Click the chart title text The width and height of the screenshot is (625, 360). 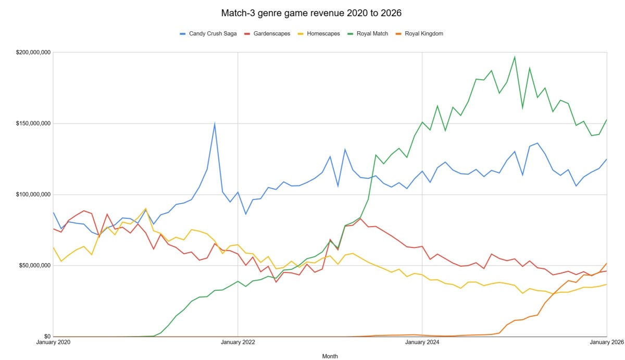312,11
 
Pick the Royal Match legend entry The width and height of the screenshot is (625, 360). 372,33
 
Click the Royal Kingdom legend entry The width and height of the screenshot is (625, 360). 423,33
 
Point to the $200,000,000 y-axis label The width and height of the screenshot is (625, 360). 33,53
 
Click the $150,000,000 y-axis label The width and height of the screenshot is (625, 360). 33,123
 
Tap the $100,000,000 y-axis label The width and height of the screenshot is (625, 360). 33,194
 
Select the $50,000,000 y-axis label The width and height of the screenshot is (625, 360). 34,266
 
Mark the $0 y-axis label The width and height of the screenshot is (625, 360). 46,337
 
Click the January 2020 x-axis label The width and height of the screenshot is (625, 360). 53,343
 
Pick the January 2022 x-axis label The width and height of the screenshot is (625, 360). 238,343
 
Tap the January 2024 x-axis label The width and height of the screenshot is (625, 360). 422,343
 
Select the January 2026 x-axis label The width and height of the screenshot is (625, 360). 606,343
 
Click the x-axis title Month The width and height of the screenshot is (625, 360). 330,356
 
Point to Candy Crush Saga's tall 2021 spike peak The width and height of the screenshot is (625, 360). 215,123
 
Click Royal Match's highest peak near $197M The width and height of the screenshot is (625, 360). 515,57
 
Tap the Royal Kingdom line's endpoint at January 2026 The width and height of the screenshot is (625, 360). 607,263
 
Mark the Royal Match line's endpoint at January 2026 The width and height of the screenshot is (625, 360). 607,119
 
